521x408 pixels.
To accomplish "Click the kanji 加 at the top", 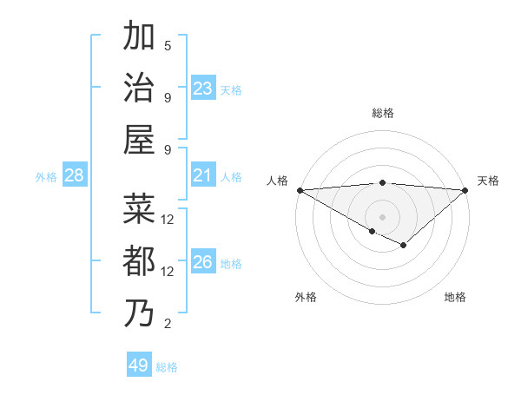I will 140,36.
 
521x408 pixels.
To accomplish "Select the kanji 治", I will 140,87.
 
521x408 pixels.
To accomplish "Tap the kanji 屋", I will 140,139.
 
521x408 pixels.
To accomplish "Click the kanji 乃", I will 140,313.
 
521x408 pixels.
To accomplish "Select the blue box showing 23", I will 203,88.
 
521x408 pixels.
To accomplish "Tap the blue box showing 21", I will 203,176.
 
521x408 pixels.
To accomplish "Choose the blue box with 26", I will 203,263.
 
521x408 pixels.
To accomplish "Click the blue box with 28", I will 75,176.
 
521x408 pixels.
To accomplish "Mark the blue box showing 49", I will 139,365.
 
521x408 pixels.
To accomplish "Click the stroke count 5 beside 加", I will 168,46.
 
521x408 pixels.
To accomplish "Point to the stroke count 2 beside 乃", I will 168,324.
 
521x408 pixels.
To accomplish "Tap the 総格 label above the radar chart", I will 382,113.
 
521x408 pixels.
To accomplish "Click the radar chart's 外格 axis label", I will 306,297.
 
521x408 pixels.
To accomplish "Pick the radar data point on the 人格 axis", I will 299,189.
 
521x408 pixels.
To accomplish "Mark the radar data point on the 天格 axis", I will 465,189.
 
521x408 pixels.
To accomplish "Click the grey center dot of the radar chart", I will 382,216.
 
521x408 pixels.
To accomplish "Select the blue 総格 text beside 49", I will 168,367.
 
